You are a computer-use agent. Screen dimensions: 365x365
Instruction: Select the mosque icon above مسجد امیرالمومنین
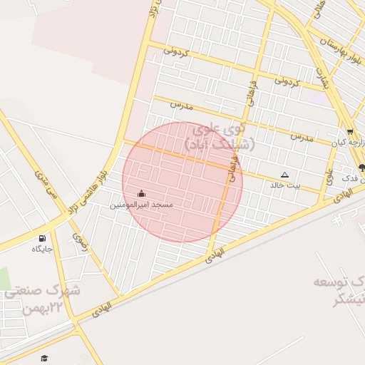click(x=140, y=194)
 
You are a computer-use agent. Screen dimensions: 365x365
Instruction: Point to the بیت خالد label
click(x=285, y=185)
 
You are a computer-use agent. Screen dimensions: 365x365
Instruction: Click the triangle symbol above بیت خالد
click(x=285, y=175)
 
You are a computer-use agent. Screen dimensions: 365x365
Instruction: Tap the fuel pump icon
click(x=42, y=238)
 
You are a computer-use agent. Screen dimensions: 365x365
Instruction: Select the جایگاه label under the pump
click(x=42, y=249)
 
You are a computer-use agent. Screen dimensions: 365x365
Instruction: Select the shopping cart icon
click(x=349, y=132)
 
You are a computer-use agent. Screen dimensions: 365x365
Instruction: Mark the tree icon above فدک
click(x=361, y=168)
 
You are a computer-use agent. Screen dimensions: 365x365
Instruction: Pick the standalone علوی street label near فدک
click(x=329, y=175)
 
